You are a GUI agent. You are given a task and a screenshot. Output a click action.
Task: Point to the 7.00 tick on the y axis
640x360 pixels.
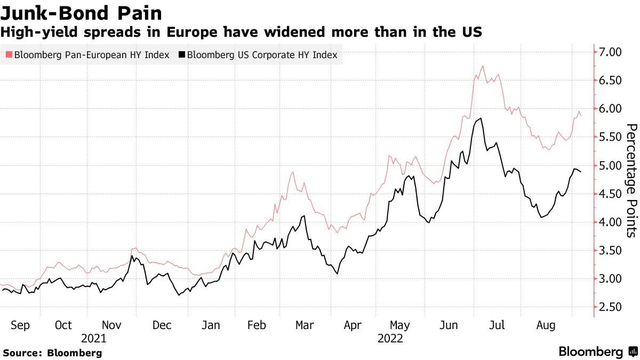pos(609,51)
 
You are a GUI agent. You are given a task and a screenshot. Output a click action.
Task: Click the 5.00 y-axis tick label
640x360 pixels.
pos(609,165)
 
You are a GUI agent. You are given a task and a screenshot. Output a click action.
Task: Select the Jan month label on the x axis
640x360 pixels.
pos(210,325)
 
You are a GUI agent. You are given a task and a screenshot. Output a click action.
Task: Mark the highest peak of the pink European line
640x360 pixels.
pos(483,67)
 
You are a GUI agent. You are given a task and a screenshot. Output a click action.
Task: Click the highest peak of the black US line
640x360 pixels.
pos(483,119)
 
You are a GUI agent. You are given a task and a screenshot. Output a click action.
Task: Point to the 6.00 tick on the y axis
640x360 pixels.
pos(609,108)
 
